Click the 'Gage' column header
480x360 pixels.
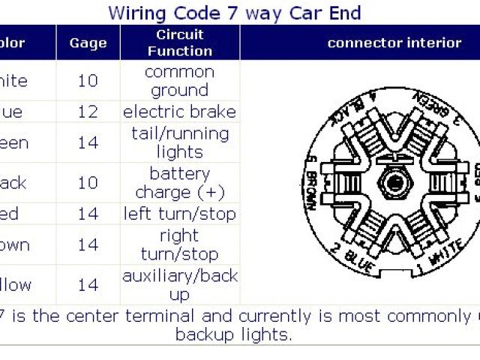88,43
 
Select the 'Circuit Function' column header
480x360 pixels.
179,43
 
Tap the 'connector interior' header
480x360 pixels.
394,43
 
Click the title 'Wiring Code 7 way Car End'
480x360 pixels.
234,13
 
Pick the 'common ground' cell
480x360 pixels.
179,81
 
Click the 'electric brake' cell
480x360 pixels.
179,112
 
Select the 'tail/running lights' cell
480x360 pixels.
179,142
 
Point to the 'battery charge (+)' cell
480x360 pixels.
179,183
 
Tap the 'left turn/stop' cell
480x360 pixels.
179,214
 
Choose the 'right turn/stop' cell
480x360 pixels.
179,244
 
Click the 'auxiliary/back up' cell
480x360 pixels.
179,285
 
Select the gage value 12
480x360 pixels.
88,112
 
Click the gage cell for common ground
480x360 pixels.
88,81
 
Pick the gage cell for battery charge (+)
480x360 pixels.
88,183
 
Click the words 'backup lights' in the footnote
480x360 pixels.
233,334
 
